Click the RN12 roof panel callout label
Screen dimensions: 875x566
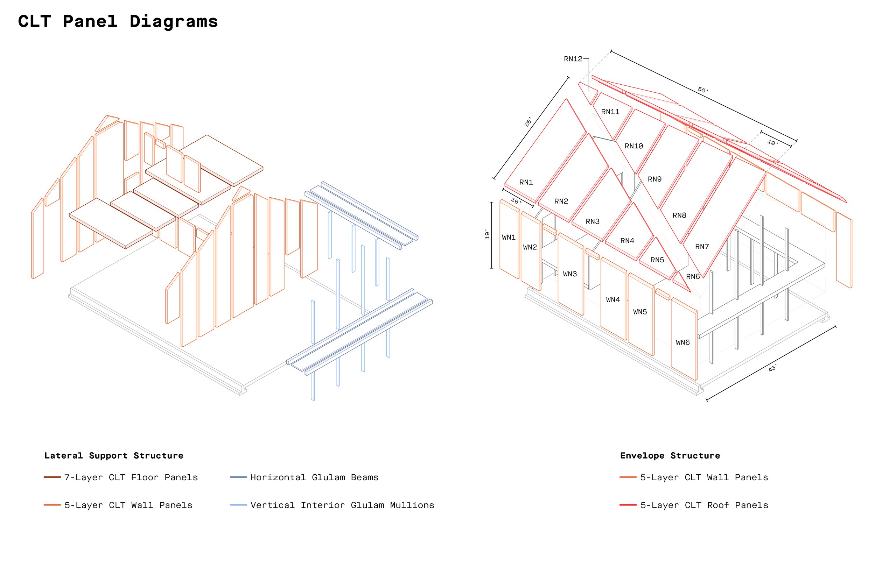(573, 59)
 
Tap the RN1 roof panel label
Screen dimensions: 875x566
(526, 182)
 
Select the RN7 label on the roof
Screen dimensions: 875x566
(701, 246)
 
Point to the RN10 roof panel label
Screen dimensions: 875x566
(634, 146)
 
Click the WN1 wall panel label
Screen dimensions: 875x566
(509, 238)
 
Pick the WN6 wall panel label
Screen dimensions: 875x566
(683, 342)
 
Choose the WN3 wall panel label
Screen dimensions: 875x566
(570, 274)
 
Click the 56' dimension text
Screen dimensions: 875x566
(702, 90)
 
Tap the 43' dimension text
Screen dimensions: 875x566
(772, 368)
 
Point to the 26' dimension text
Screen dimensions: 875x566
(528, 122)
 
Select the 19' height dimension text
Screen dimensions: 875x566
(488, 234)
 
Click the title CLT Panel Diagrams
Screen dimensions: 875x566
(118, 21)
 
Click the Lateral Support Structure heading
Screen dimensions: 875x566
(114, 456)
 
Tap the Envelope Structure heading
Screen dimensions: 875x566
(670, 456)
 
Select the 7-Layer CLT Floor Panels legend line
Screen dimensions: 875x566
(52, 477)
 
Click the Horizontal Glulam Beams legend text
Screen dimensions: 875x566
(314, 477)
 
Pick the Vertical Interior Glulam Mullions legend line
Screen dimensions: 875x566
(238, 505)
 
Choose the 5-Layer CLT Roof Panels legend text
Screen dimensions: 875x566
(704, 505)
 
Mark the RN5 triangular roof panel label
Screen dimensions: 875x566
(657, 260)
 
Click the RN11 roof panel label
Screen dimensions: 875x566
(610, 111)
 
